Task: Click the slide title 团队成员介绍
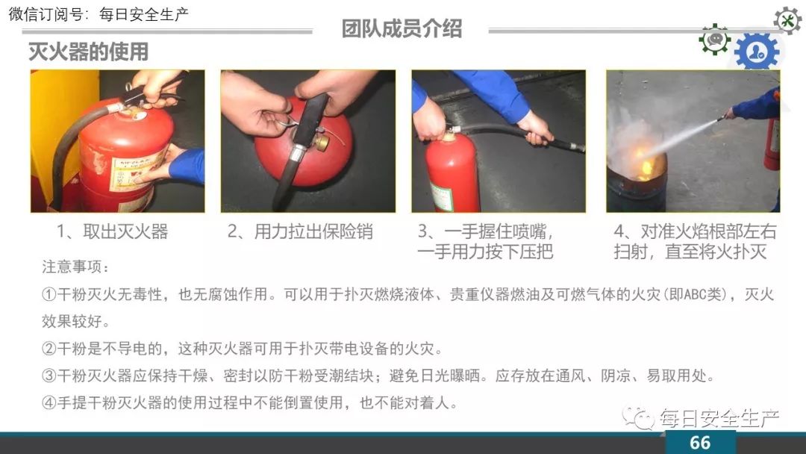402,29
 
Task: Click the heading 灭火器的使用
88,52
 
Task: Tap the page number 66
699,443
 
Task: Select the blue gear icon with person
757,51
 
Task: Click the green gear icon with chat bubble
714,39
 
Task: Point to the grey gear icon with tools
787,21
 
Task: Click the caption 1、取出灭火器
113,232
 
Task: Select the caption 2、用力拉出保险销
300,232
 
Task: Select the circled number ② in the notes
49,349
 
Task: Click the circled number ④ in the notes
49,402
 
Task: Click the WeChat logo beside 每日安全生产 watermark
638,418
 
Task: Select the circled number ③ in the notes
49,376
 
